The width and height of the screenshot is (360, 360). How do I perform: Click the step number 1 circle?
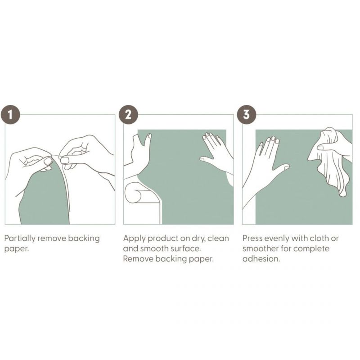point(10,114)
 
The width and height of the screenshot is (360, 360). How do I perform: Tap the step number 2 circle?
point(128,114)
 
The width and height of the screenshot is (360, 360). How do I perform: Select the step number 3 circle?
point(247,114)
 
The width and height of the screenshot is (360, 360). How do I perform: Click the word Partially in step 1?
point(20,239)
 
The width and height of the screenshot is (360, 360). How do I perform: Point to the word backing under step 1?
point(84,239)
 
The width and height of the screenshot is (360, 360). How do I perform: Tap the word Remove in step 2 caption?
point(138,259)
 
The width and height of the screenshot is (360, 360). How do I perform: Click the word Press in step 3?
point(252,238)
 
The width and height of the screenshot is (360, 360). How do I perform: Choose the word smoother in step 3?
point(261,249)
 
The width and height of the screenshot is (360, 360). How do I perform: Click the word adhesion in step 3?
point(261,259)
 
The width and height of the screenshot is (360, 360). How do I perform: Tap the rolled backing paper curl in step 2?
point(134,193)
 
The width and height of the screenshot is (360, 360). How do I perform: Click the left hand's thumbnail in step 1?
point(48,162)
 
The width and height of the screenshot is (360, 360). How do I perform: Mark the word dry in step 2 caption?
point(198,239)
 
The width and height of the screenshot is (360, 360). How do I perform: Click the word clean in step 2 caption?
point(218,238)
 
